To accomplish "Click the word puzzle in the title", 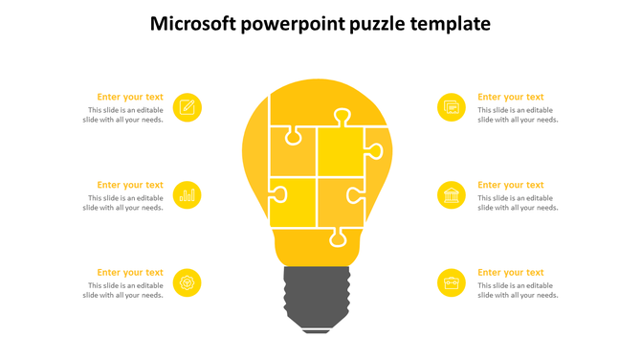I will tap(369, 24).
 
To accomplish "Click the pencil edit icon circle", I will tap(188, 107).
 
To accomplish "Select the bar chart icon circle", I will tap(188, 195).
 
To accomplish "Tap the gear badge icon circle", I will tap(188, 282).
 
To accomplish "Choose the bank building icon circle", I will tap(452, 195).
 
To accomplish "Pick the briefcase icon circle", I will tap(452, 282).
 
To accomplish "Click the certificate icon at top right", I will tap(452, 107).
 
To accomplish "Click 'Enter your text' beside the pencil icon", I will tap(130, 97).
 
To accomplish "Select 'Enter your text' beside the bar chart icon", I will tap(130, 185).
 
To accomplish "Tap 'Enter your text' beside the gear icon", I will tap(130, 272).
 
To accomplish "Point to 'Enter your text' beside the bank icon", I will tap(511, 185).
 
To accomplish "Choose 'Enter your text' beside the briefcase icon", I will tap(511, 272).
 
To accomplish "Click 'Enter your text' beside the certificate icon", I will tap(511, 97).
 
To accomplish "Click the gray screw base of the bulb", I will tap(317, 298).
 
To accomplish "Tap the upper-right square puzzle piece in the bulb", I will tap(342, 151).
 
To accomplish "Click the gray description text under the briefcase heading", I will tap(518, 290).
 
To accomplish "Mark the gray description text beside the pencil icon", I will tap(123, 115).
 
